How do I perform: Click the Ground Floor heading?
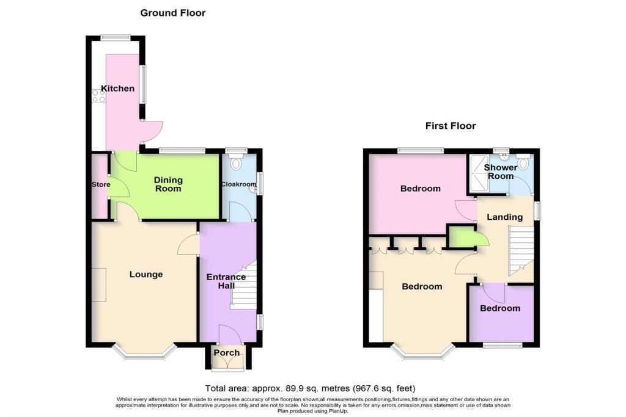173,13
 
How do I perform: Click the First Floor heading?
451,126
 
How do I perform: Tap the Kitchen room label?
117,89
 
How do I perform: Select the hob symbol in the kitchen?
97,95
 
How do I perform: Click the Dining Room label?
168,184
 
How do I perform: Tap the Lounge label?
146,275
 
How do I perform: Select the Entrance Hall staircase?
243,287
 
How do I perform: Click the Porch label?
227,353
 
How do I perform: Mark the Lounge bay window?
145,353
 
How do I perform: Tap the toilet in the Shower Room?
523,161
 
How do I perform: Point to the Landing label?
505,217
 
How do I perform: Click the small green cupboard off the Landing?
461,236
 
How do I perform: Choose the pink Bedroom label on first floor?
420,189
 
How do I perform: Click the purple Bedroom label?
499,308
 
